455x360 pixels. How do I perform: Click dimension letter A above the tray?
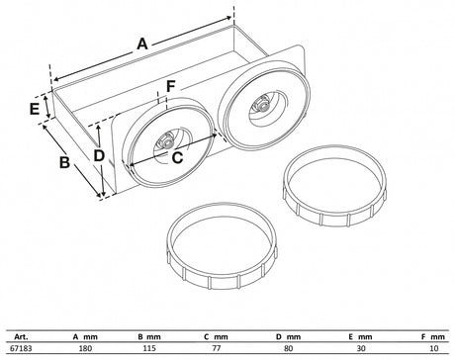142,44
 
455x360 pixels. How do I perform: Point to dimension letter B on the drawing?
64,162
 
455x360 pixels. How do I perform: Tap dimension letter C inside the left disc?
177,157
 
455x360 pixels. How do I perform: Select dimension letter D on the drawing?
99,155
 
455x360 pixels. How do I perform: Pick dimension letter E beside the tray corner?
35,109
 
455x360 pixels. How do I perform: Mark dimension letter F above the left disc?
170,87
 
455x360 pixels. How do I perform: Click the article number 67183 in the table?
22,348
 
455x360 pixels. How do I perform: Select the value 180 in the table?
86,348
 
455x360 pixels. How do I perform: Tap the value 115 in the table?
149,348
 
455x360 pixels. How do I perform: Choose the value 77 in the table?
217,348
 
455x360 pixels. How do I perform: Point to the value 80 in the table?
288,348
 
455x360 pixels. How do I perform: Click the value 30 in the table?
361,348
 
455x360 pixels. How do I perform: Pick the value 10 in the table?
434,348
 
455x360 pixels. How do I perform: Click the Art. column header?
21,337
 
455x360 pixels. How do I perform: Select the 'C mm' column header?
216,337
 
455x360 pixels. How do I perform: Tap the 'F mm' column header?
433,337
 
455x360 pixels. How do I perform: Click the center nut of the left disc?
167,142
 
